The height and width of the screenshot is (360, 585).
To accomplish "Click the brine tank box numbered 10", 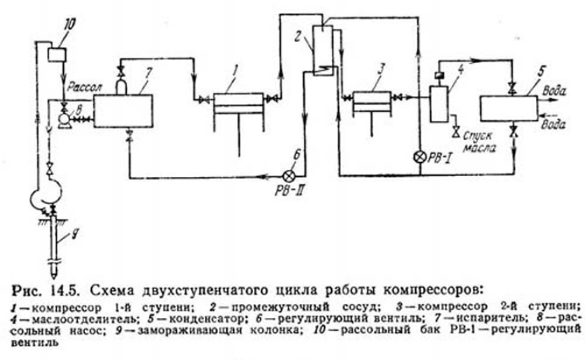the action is [57, 54].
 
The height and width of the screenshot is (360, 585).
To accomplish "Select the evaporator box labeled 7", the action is [123, 110].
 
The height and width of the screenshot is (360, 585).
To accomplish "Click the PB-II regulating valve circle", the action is [290, 175].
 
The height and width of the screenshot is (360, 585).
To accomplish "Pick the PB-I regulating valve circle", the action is [419, 157].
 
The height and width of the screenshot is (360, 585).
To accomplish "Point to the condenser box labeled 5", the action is [508, 109].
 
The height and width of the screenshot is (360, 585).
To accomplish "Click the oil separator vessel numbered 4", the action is [439, 104].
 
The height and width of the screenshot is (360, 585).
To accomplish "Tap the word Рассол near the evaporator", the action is [84, 88].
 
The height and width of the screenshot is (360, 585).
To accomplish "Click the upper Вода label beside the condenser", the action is [554, 90].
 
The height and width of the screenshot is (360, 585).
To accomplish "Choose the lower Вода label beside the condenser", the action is [553, 124].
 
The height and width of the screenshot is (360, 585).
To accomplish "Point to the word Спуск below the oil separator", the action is [477, 136].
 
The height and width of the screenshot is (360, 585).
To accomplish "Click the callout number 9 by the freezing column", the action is [74, 235].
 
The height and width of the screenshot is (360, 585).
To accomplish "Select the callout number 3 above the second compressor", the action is [380, 69].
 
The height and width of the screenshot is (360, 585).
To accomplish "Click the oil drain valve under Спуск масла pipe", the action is [455, 132].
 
